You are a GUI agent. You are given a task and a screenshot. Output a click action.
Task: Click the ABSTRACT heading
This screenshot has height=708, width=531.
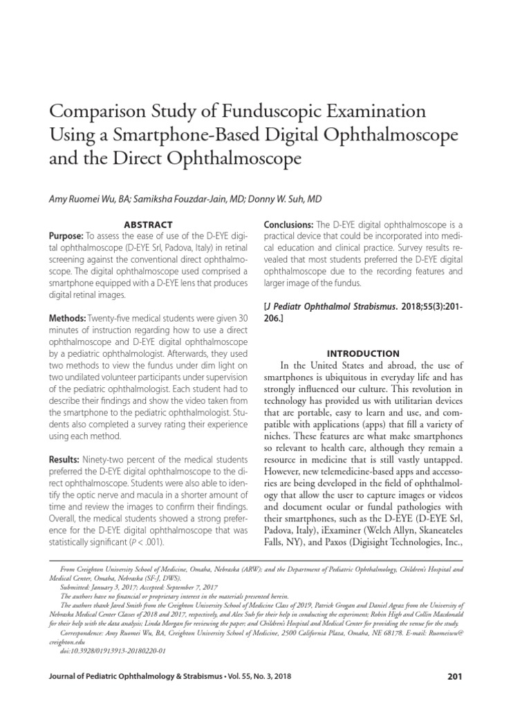[x=146, y=225]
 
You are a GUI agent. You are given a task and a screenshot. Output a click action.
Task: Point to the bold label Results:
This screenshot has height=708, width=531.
[x=65, y=460]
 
